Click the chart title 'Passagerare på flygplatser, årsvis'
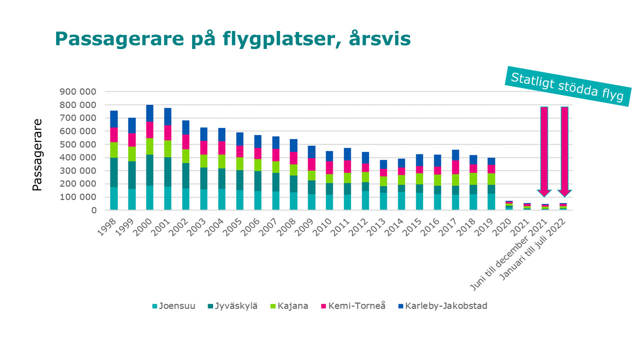click(x=232, y=39)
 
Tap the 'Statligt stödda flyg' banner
click(x=567, y=85)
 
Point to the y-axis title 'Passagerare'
click(x=37, y=154)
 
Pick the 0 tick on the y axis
click(x=93, y=210)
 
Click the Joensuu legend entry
click(x=173, y=306)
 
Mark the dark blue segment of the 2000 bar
click(x=149, y=113)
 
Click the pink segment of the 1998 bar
click(x=114, y=135)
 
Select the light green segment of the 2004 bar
click(x=221, y=161)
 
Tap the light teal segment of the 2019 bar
click(x=491, y=201)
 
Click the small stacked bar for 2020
click(x=509, y=205)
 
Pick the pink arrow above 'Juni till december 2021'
click(x=544, y=150)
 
